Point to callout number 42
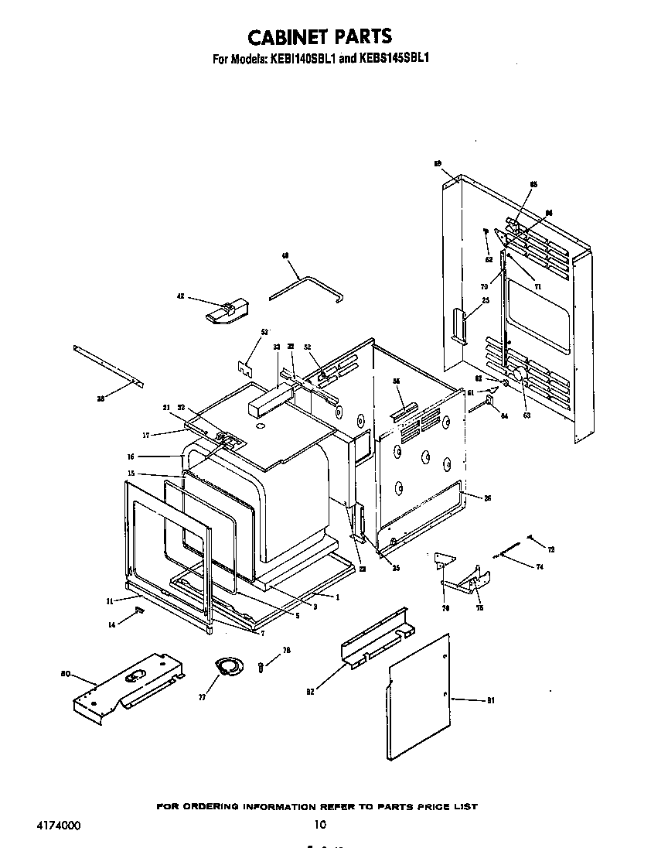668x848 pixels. click(180, 296)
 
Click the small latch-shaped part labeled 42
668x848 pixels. click(225, 311)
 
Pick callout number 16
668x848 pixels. click(153, 457)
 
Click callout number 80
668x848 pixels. click(66, 673)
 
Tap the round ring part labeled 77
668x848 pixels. click(227, 666)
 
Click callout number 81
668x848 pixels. click(490, 701)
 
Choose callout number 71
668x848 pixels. click(538, 286)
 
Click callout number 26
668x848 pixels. click(488, 498)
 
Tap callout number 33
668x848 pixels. click(276, 347)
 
